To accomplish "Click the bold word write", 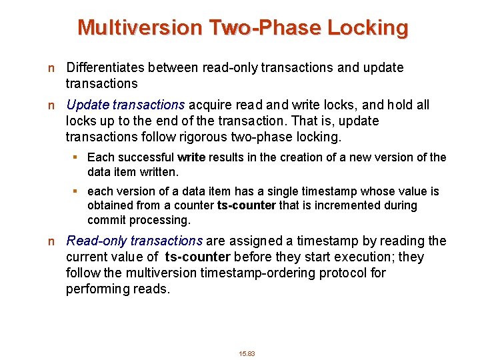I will point(192,157).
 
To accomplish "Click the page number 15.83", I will point(247,353).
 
